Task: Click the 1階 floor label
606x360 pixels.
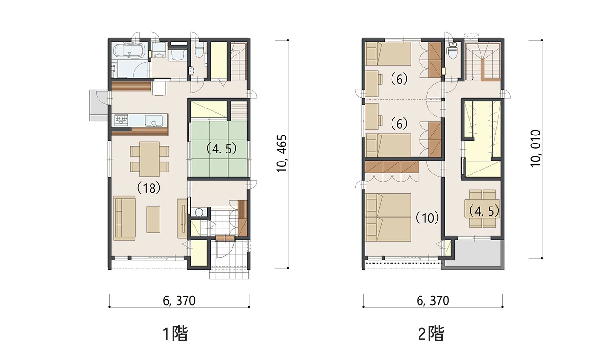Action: (175, 334)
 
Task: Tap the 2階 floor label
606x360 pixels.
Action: (431, 334)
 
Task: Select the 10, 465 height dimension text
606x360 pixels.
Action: (282, 154)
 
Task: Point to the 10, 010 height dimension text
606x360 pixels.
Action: (535, 148)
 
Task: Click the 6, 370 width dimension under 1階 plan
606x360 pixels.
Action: (179, 300)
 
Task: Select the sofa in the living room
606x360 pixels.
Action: (124, 217)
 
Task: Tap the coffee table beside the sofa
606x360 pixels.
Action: (153, 219)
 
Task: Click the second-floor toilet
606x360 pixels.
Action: (452, 51)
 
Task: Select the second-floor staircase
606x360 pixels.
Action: (482, 61)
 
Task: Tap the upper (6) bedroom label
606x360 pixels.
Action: (399, 80)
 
